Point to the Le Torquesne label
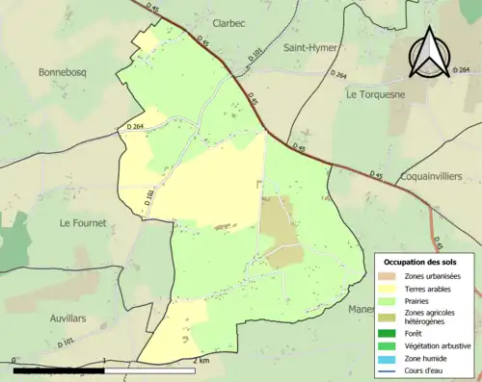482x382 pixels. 378,94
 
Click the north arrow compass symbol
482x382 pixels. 429,53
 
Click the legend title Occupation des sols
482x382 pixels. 422,262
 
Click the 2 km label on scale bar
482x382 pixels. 201,361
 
